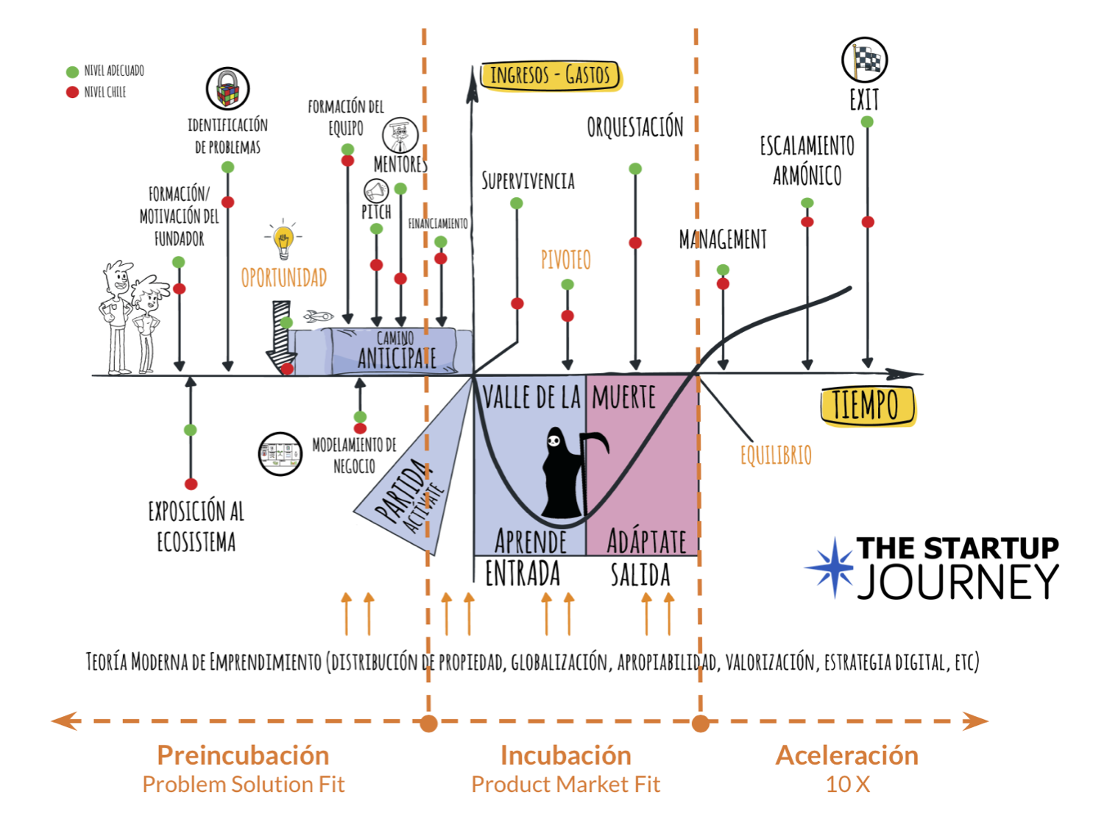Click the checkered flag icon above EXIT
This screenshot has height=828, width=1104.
pos(864,60)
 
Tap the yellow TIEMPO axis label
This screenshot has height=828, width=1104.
pos(866,406)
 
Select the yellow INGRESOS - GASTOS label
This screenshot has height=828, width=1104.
pos(550,75)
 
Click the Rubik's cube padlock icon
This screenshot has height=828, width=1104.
pos(227,89)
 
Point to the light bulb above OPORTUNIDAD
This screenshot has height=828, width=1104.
pos(283,239)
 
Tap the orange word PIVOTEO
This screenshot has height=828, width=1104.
pos(565,260)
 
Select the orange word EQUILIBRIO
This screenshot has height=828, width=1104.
pos(776,456)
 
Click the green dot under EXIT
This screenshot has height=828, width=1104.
pos(867,122)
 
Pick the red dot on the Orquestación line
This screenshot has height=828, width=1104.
pos(635,243)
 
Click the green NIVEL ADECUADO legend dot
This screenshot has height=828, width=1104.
pos(72,71)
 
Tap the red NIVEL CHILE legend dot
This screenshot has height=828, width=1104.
pos(72,92)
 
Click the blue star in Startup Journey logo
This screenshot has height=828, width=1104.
pos(832,567)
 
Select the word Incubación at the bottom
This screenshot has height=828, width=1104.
pos(565,755)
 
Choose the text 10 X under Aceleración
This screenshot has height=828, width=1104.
pos(847,785)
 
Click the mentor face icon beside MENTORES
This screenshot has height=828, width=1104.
pos(400,135)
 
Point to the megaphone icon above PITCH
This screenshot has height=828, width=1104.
pos(376,191)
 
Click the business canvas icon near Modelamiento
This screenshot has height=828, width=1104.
pos(280,453)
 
